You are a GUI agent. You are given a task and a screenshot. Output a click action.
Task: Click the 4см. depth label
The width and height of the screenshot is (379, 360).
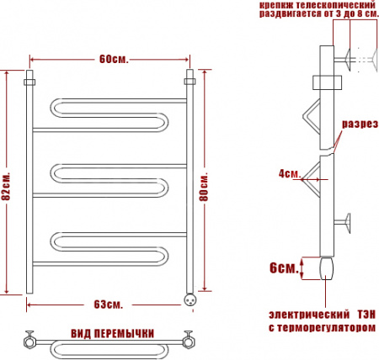click(x=289, y=174)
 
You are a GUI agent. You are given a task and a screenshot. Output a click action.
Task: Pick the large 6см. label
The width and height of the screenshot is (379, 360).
click(x=282, y=267)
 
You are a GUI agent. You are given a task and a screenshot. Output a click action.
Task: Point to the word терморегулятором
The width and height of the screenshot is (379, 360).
click(x=328, y=327)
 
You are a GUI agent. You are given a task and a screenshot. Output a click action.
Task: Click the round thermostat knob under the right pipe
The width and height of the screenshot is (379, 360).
click(x=190, y=296)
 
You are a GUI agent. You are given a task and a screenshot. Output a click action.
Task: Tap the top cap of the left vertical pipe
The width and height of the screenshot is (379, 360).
click(x=30, y=81)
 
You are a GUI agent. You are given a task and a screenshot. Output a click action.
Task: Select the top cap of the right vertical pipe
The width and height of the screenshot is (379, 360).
click(x=189, y=81)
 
